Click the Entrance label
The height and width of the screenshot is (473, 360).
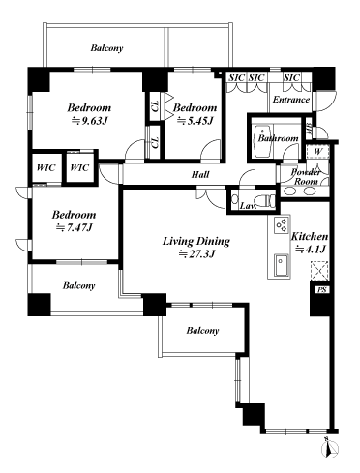tap(290, 101)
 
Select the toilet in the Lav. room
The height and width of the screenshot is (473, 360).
tap(238, 201)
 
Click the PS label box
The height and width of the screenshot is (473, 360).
tap(320, 289)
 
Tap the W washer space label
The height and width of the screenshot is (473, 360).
tap(317, 150)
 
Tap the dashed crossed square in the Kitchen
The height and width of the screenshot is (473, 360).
tap(320, 272)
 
